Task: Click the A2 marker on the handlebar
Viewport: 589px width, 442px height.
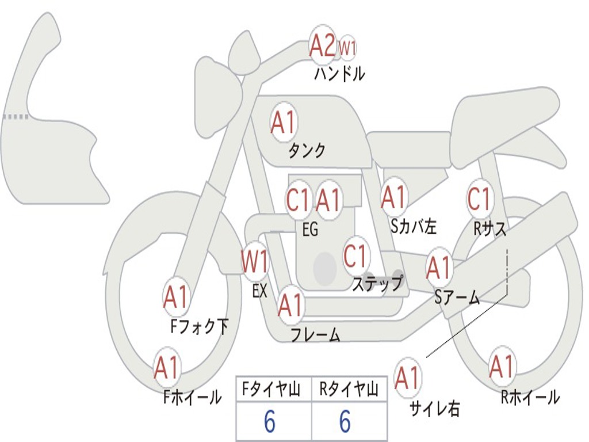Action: click(322, 45)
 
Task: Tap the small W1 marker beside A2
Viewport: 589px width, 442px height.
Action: click(347, 48)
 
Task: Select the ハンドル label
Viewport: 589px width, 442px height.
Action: click(339, 74)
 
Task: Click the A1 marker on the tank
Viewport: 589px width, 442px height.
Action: click(284, 122)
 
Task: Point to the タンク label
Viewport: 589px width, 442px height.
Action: click(307, 150)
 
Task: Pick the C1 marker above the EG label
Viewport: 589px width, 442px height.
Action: click(299, 200)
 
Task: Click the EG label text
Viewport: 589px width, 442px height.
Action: click(310, 229)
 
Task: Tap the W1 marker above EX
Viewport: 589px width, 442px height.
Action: click(255, 261)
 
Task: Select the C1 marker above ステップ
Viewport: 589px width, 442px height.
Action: click(355, 256)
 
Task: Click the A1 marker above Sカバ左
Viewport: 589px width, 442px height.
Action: click(393, 197)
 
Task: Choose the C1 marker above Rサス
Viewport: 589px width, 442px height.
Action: click(480, 198)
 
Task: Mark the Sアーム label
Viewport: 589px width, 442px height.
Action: click(457, 298)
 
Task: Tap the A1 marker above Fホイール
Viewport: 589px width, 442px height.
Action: click(166, 367)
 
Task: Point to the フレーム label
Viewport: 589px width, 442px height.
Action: click(316, 334)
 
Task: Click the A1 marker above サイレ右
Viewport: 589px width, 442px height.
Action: click(408, 378)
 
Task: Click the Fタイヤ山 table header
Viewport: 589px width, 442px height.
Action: click(271, 390)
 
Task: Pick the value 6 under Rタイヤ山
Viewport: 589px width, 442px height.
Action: click(345, 421)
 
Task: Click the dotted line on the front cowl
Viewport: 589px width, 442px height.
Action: click(16, 116)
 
